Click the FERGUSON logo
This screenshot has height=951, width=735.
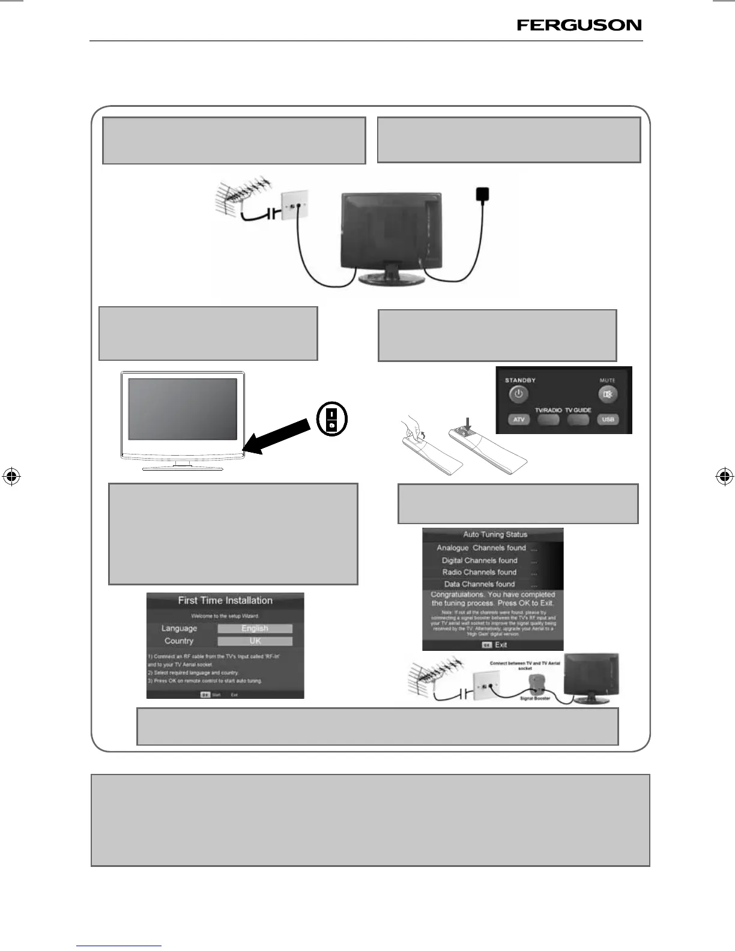pyautogui.click(x=579, y=25)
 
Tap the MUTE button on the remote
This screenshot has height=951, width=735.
pyautogui.click(x=607, y=394)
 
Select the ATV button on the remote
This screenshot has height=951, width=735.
pyautogui.click(x=519, y=420)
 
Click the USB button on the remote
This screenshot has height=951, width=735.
pyautogui.click(x=608, y=420)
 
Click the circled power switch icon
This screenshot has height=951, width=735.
pyautogui.click(x=332, y=420)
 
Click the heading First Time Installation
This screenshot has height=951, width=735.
pyautogui.click(x=225, y=600)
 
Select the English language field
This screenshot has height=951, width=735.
pyautogui.click(x=255, y=629)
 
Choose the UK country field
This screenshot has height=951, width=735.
pyautogui.click(x=255, y=641)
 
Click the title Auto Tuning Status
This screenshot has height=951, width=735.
pyautogui.click(x=495, y=534)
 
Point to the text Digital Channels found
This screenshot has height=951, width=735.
pyautogui.click(x=479, y=560)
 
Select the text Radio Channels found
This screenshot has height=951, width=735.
pyautogui.click(x=479, y=572)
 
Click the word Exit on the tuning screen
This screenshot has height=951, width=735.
pyautogui.click(x=501, y=645)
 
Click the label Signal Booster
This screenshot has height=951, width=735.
pyautogui.click(x=535, y=698)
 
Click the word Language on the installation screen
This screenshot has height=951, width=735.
pyautogui.click(x=179, y=629)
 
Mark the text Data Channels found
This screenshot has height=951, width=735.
pyautogui.click(x=479, y=584)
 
